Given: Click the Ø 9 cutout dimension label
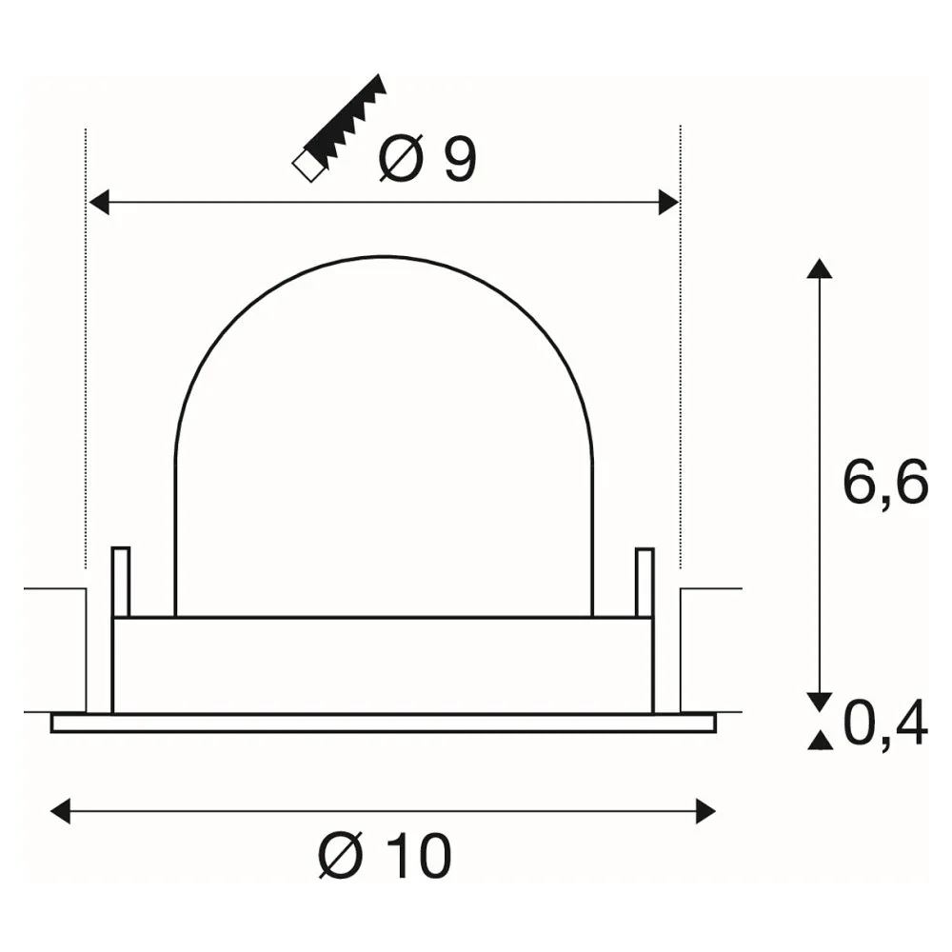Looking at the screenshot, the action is tap(427, 159).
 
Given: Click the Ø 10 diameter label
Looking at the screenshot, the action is tap(385, 855).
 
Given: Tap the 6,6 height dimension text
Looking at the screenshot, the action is tap(885, 482).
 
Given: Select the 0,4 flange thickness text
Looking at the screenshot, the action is tap(885, 722).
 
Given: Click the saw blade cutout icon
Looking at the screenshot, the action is tap(340, 129).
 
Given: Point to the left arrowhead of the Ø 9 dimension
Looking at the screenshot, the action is tap(98, 202).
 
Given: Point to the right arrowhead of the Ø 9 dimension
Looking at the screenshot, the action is tap(668, 202).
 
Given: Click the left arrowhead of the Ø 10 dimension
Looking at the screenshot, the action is tap(60, 811).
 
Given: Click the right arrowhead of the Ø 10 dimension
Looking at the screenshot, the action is tap(705, 811).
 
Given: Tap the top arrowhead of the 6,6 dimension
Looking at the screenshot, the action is tap(820, 268).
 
